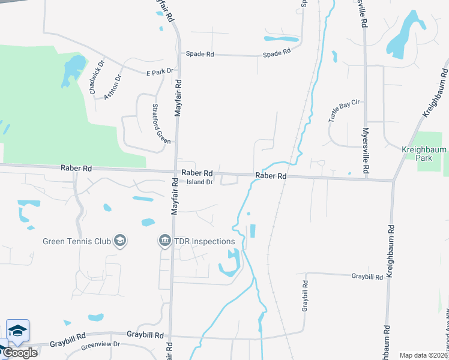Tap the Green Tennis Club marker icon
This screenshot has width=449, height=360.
coord(119,241)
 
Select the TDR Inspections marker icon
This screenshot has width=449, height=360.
coord(164,241)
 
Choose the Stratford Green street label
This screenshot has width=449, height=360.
coord(161,124)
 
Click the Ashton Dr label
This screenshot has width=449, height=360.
coord(113,86)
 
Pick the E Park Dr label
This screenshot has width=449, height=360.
coord(160,71)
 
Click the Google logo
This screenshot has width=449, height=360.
coord(20,352)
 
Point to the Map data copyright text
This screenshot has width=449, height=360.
coord(424,355)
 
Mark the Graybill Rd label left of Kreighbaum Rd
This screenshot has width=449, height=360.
coord(367,277)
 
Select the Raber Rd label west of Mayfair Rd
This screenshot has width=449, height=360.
coord(76,169)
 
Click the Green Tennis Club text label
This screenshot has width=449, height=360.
coord(77,242)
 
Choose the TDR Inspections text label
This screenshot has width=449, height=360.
coord(204,241)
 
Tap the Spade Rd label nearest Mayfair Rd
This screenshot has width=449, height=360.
coord(200,54)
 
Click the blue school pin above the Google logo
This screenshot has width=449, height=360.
coord(17,331)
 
